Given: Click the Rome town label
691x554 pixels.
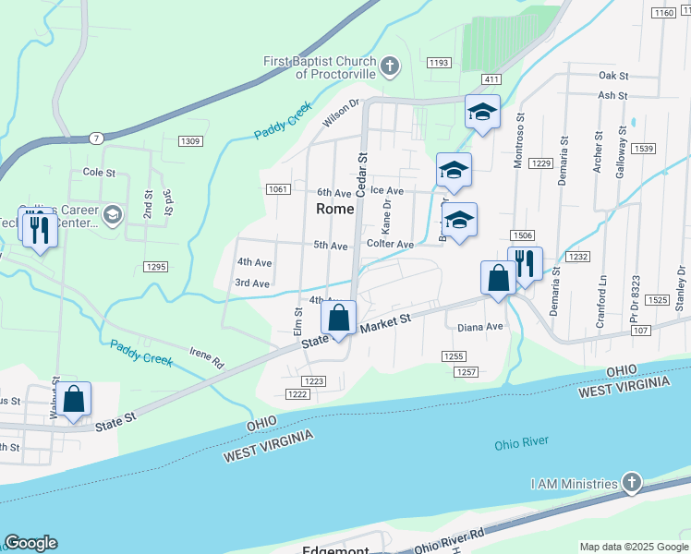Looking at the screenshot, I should coord(334,209).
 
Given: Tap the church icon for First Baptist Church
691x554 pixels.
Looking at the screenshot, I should coord(391,66).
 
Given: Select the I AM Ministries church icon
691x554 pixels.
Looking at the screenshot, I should coord(631,483).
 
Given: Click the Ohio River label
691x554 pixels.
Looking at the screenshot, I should coord(520,444).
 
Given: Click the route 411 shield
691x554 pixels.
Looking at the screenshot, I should coord(491,80).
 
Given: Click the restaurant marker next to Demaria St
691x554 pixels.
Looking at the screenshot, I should coord(525,264).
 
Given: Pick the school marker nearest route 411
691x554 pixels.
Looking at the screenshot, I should coord(481,113).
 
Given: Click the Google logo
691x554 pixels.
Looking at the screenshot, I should coord(30,543).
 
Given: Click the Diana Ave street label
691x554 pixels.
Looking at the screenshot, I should coord(480,327).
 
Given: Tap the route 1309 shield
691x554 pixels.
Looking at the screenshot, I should coord(190,140).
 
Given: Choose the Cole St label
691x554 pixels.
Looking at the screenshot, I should coord(99,173).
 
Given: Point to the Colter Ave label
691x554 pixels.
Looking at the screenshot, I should coord(390,245).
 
